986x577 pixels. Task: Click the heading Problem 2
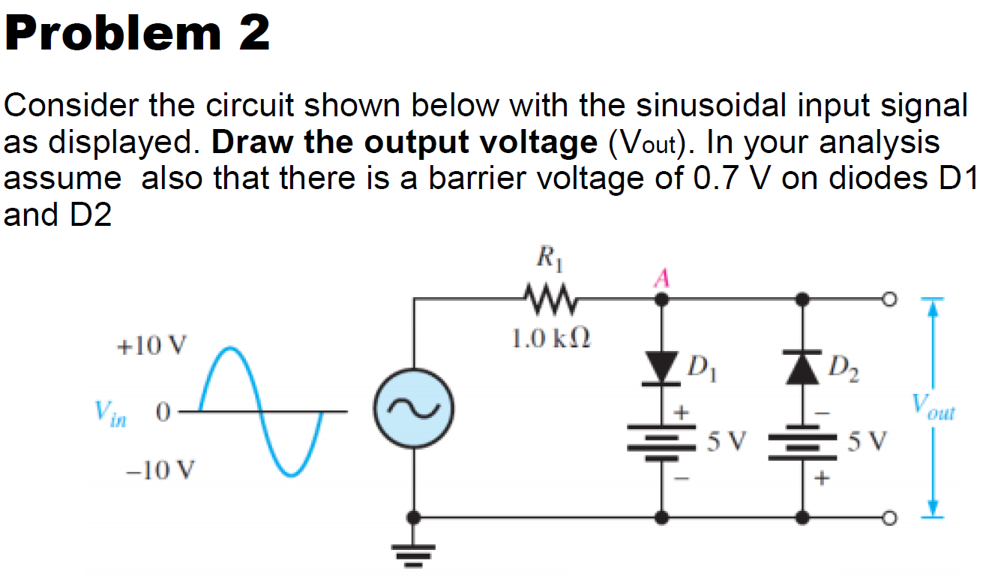coord(137,33)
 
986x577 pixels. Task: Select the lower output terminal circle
coord(889,518)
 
